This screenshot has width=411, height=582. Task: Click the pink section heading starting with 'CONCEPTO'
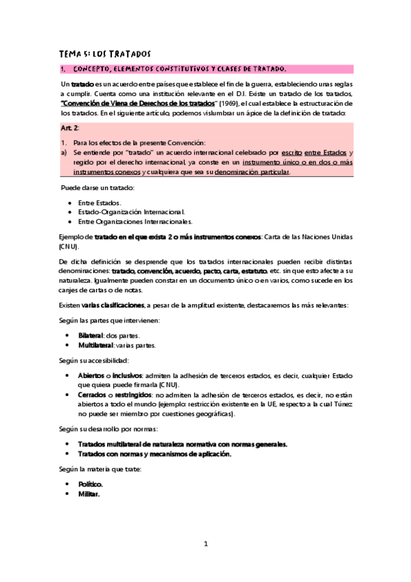(178, 69)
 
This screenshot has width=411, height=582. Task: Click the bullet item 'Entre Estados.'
(99, 202)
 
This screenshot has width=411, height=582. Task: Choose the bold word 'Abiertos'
(91, 375)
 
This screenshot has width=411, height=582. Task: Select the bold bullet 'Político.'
(91, 484)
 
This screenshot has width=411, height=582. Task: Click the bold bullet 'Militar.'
(89, 493)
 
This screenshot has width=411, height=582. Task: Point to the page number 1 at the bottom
(205, 544)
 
